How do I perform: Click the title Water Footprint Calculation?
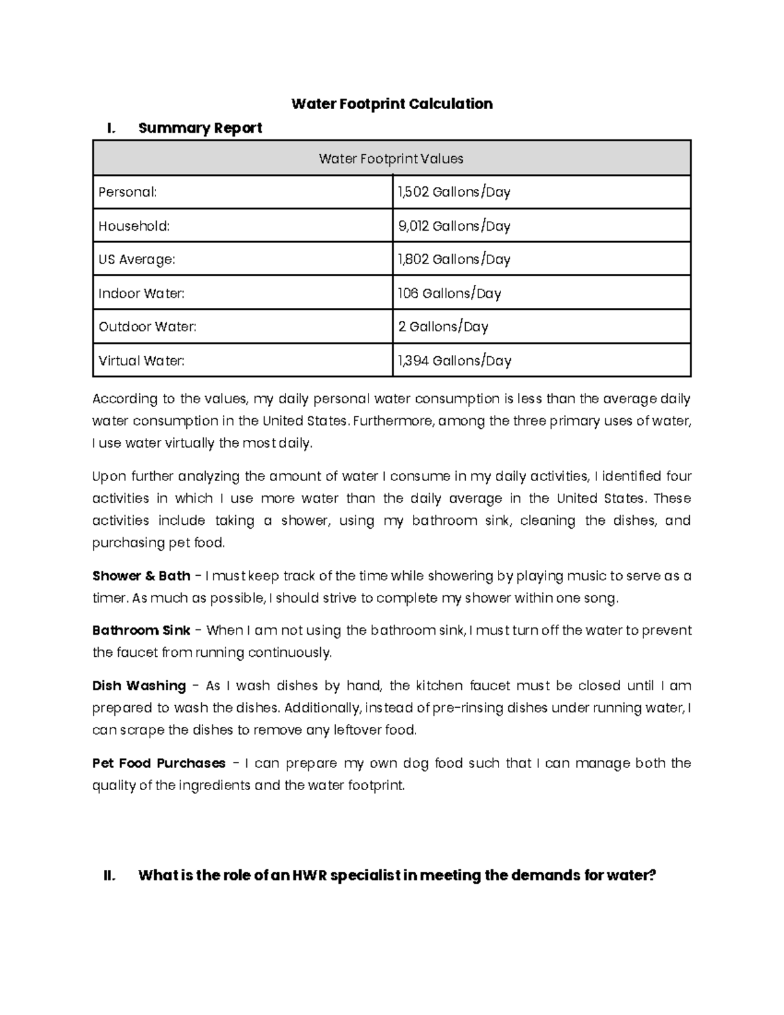pyautogui.click(x=391, y=104)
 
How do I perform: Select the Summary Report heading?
pyautogui.click(x=200, y=128)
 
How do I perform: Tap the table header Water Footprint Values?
pyautogui.click(x=391, y=159)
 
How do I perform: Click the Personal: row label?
pyautogui.click(x=127, y=192)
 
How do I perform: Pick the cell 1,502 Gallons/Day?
pyautogui.click(x=454, y=192)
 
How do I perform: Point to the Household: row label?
pyautogui.click(x=134, y=226)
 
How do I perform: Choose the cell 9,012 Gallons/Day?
pyautogui.click(x=454, y=226)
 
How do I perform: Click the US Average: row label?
pyautogui.click(x=137, y=259)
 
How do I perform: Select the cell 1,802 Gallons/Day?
pyautogui.click(x=454, y=259)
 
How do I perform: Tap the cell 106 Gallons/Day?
pyautogui.click(x=449, y=293)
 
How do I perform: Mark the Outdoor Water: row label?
pyautogui.click(x=147, y=327)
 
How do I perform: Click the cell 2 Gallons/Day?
pyautogui.click(x=443, y=327)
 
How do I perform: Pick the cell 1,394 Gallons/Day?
pyautogui.click(x=454, y=361)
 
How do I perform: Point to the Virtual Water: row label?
pyautogui.click(x=141, y=361)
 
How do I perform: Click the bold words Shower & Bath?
pyautogui.click(x=141, y=576)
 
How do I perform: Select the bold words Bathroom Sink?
pyautogui.click(x=141, y=631)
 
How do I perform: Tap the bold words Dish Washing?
pyautogui.click(x=139, y=686)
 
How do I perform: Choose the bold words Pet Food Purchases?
pyautogui.click(x=159, y=763)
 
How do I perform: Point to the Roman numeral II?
pyautogui.click(x=110, y=875)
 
